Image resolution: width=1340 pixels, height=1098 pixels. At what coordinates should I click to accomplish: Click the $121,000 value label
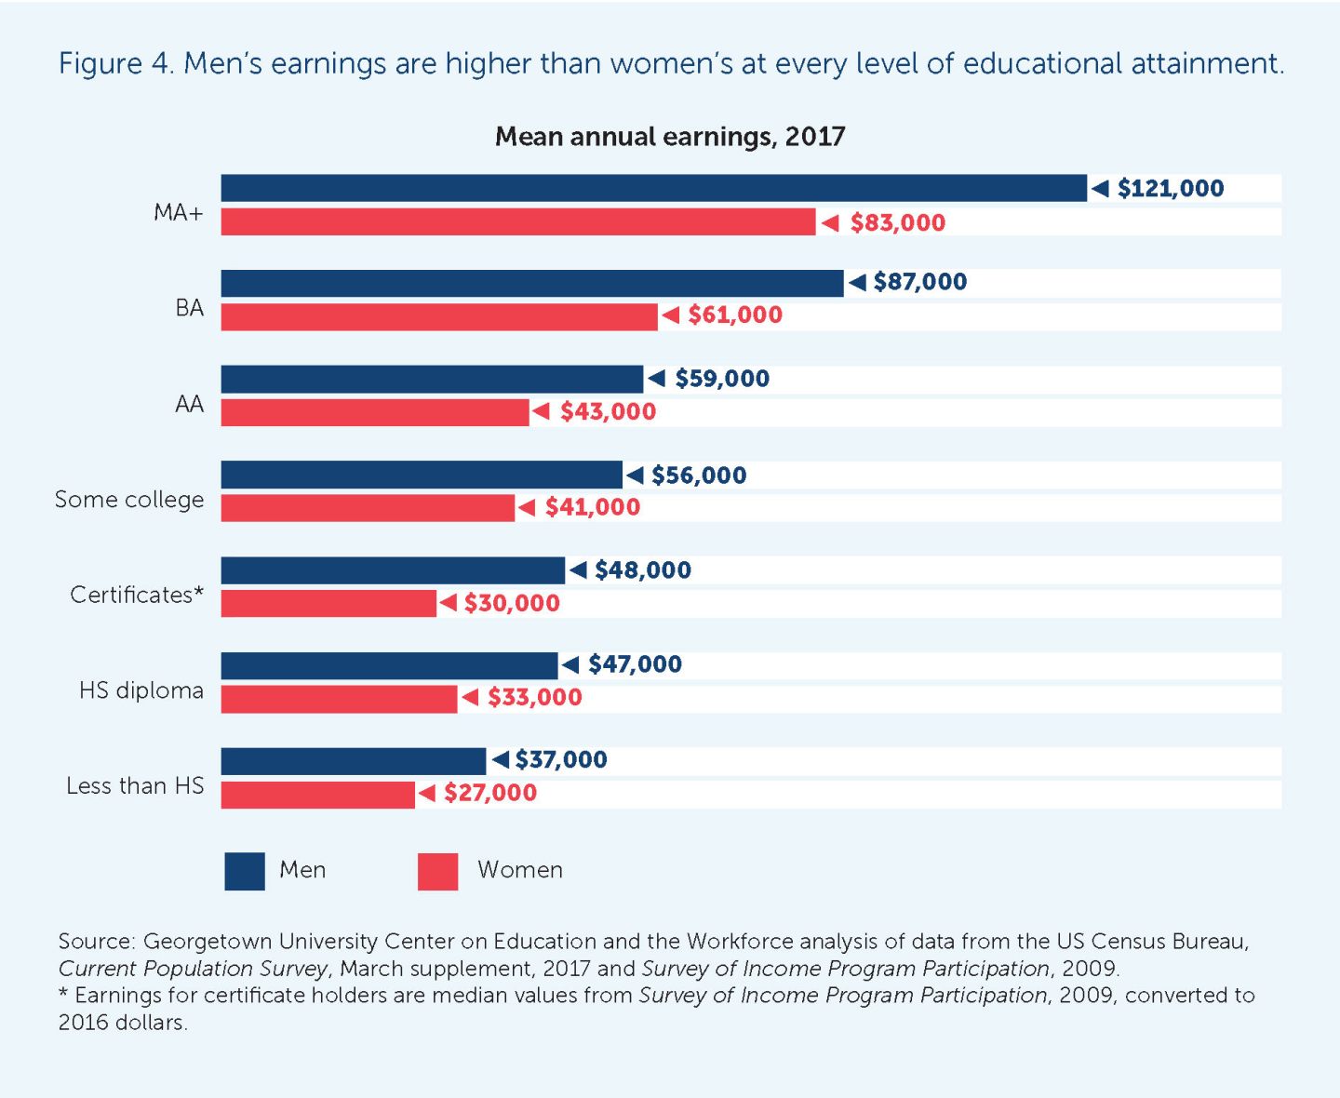1170,188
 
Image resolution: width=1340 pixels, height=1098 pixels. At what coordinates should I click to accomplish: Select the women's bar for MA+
517,222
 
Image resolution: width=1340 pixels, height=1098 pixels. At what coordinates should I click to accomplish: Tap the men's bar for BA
531,283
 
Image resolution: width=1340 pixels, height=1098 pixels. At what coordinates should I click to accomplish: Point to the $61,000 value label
734,315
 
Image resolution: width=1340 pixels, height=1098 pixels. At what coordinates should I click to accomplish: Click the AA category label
189,404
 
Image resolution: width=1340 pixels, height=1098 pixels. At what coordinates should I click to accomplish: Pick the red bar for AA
374,412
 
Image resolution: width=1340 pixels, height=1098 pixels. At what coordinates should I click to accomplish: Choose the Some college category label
129,500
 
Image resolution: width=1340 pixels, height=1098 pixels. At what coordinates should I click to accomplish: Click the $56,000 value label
698,475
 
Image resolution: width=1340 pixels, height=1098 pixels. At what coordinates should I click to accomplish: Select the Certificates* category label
137,595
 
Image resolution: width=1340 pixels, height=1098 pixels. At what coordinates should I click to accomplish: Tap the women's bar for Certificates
328,603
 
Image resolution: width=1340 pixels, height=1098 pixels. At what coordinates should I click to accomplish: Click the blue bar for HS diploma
389,665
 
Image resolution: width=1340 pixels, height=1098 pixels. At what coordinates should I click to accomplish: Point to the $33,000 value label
534,697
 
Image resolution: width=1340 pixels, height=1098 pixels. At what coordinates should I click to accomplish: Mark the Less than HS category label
135,786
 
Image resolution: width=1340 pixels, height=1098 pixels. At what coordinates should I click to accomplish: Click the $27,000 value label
489,793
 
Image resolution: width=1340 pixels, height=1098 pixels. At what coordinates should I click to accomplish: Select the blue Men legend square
244,871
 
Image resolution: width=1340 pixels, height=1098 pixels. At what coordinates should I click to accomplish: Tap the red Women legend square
437,871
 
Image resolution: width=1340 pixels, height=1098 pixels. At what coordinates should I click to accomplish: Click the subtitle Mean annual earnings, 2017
669,137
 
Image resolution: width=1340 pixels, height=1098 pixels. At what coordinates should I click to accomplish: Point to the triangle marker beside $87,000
857,282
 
